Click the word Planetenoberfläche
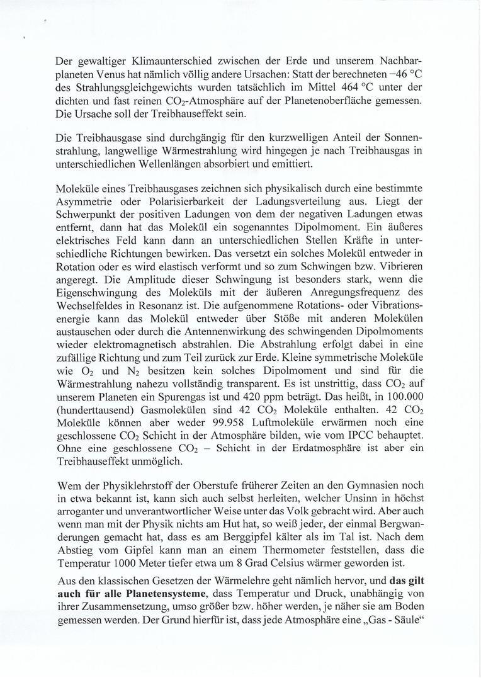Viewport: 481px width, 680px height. pyautogui.click(x=343, y=103)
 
